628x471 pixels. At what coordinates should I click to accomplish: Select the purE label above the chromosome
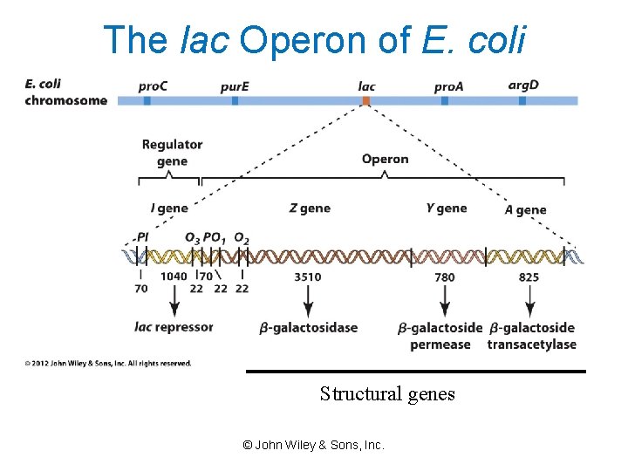(234, 86)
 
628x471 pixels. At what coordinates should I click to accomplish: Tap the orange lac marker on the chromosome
(366, 101)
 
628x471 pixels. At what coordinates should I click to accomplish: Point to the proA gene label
(449, 86)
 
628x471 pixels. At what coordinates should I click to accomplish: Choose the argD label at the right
(523, 85)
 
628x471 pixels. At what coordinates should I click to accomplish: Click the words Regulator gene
(172, 153)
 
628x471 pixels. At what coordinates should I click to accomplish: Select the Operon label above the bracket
(385, 159)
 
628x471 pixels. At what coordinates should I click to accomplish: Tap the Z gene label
(310, 208)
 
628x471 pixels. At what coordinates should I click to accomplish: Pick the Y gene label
(447, 208)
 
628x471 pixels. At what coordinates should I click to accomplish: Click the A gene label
(525, 210)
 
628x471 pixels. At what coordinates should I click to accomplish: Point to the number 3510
(307, 277)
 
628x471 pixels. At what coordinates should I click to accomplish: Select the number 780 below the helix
(444, 277)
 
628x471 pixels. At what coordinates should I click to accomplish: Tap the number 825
(529, 277)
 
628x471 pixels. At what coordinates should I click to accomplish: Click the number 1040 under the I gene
(174, 276)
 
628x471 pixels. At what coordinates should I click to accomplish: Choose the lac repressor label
(174, 327)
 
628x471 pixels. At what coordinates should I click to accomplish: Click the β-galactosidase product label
(309, 328)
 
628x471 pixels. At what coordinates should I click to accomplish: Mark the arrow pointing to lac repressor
(174, 300)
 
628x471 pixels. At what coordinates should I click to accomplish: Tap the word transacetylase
(531, 345)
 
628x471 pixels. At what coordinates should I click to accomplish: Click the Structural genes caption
(387, 394)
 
